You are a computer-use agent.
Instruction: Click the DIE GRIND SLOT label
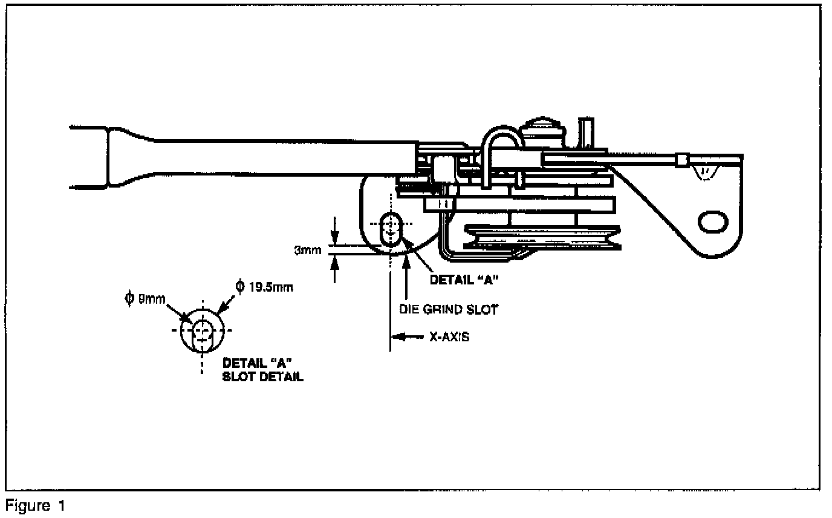(448, 309)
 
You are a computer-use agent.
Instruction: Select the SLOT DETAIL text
(263, 376)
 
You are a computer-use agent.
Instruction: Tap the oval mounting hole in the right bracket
(714, 221)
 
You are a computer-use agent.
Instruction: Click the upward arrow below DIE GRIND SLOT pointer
(407, 261)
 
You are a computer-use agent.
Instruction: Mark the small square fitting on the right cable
(681, 160)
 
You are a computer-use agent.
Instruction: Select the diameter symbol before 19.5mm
(239, 286)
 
